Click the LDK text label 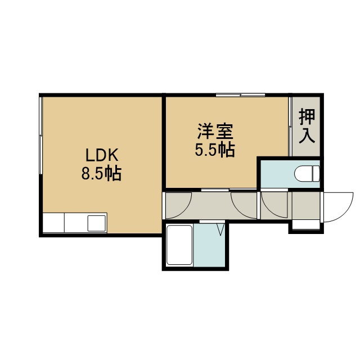click(102, 155)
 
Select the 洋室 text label click(215, 131)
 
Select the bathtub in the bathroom click(179, 245)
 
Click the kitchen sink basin click(97, 223)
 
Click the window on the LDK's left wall click(40, 136)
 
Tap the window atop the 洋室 click(240, 94)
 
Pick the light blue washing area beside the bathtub click(209, 245)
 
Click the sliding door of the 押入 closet click(290, 127)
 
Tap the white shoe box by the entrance click(306, 224)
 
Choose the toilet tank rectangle click(316, 174)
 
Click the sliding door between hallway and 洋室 click(229, 190)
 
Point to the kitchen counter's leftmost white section click(54, 223)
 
